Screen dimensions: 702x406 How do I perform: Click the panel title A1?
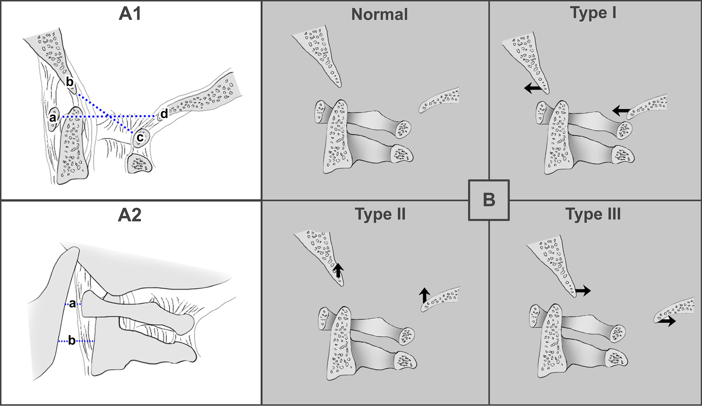point(130,14)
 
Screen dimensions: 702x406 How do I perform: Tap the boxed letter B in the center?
point(489,200)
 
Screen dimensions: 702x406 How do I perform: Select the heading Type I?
point(593,13)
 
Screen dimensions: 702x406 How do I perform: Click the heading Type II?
point(380,214)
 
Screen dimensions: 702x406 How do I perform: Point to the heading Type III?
point(593,214)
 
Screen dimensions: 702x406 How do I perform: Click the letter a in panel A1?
point(52,118)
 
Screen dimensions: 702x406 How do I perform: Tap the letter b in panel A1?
point(69,82)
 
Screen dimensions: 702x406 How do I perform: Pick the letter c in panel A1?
point(140,137)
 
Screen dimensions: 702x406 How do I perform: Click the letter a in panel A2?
point(72,304)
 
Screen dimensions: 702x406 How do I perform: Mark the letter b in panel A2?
point(72,340)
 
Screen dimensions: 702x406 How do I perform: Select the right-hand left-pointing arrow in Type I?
point(621,110)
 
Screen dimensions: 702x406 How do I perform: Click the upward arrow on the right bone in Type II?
point(424,296)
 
